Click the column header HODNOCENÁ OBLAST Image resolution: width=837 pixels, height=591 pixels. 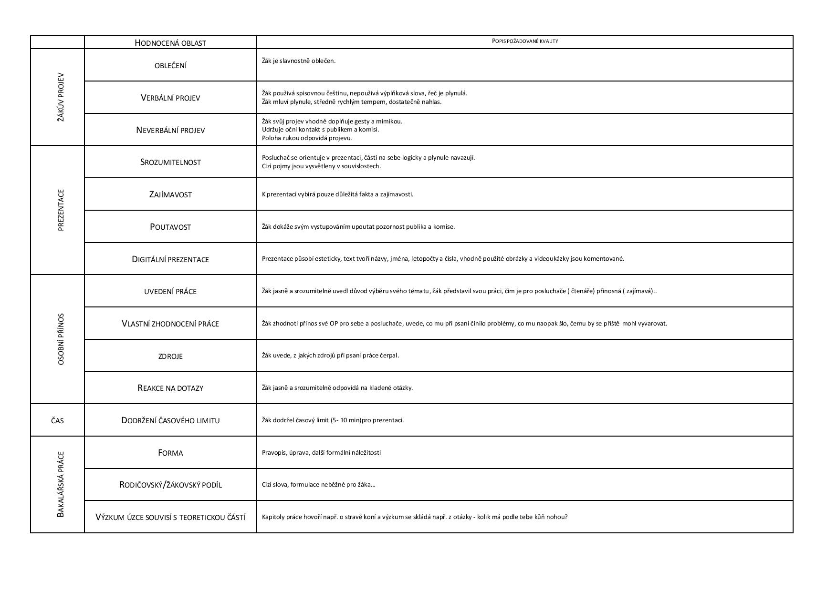tap(170, 43)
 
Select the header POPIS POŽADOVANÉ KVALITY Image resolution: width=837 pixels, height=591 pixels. tap(524, 41)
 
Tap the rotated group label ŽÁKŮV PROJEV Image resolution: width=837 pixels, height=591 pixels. tap(60, 97)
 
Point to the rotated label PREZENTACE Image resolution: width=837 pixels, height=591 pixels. tap(60, 210)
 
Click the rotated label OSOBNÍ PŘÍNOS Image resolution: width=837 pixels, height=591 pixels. tap(60, 339)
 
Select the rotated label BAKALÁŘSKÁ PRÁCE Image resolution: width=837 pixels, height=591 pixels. tap(60, 484)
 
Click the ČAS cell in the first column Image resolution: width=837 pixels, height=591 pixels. tap(57, 420)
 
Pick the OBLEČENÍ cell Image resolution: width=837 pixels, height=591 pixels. tap(170, 65)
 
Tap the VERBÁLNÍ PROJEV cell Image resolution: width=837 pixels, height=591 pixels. tap(170, 98)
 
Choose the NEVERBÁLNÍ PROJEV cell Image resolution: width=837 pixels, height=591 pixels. tap(170, 130)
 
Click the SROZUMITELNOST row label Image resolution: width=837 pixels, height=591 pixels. tap(170, 162)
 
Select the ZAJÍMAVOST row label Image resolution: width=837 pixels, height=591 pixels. tap(170, 194)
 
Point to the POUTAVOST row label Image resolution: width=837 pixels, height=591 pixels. tap(170, 227)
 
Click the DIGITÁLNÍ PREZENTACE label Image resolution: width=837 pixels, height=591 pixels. tap(170, 259)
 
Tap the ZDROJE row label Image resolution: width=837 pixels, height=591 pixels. tap(170, 356)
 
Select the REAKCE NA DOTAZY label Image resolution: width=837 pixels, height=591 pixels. tap(170, 388)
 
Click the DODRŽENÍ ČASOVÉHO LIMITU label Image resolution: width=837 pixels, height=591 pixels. tap(170, 420)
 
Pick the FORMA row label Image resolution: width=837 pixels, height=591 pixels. tap(170, 453)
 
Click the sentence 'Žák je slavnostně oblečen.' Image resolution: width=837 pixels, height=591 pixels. tap(299, 61)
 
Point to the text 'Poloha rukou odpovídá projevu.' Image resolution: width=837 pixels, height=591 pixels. tap(306, 138)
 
